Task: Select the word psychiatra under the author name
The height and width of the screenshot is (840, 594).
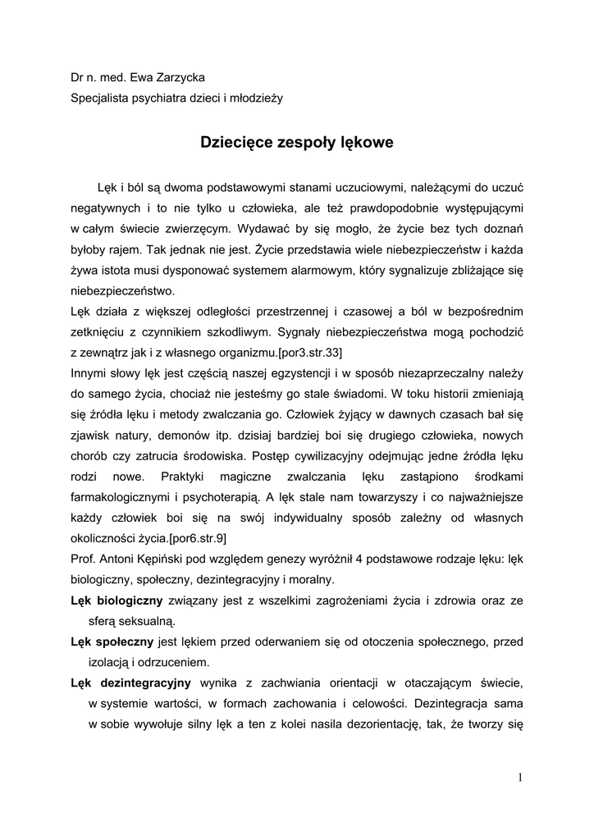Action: (153, 98)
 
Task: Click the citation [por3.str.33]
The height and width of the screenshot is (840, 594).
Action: (304, 353)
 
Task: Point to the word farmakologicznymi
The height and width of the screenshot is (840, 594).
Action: (121, 497)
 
